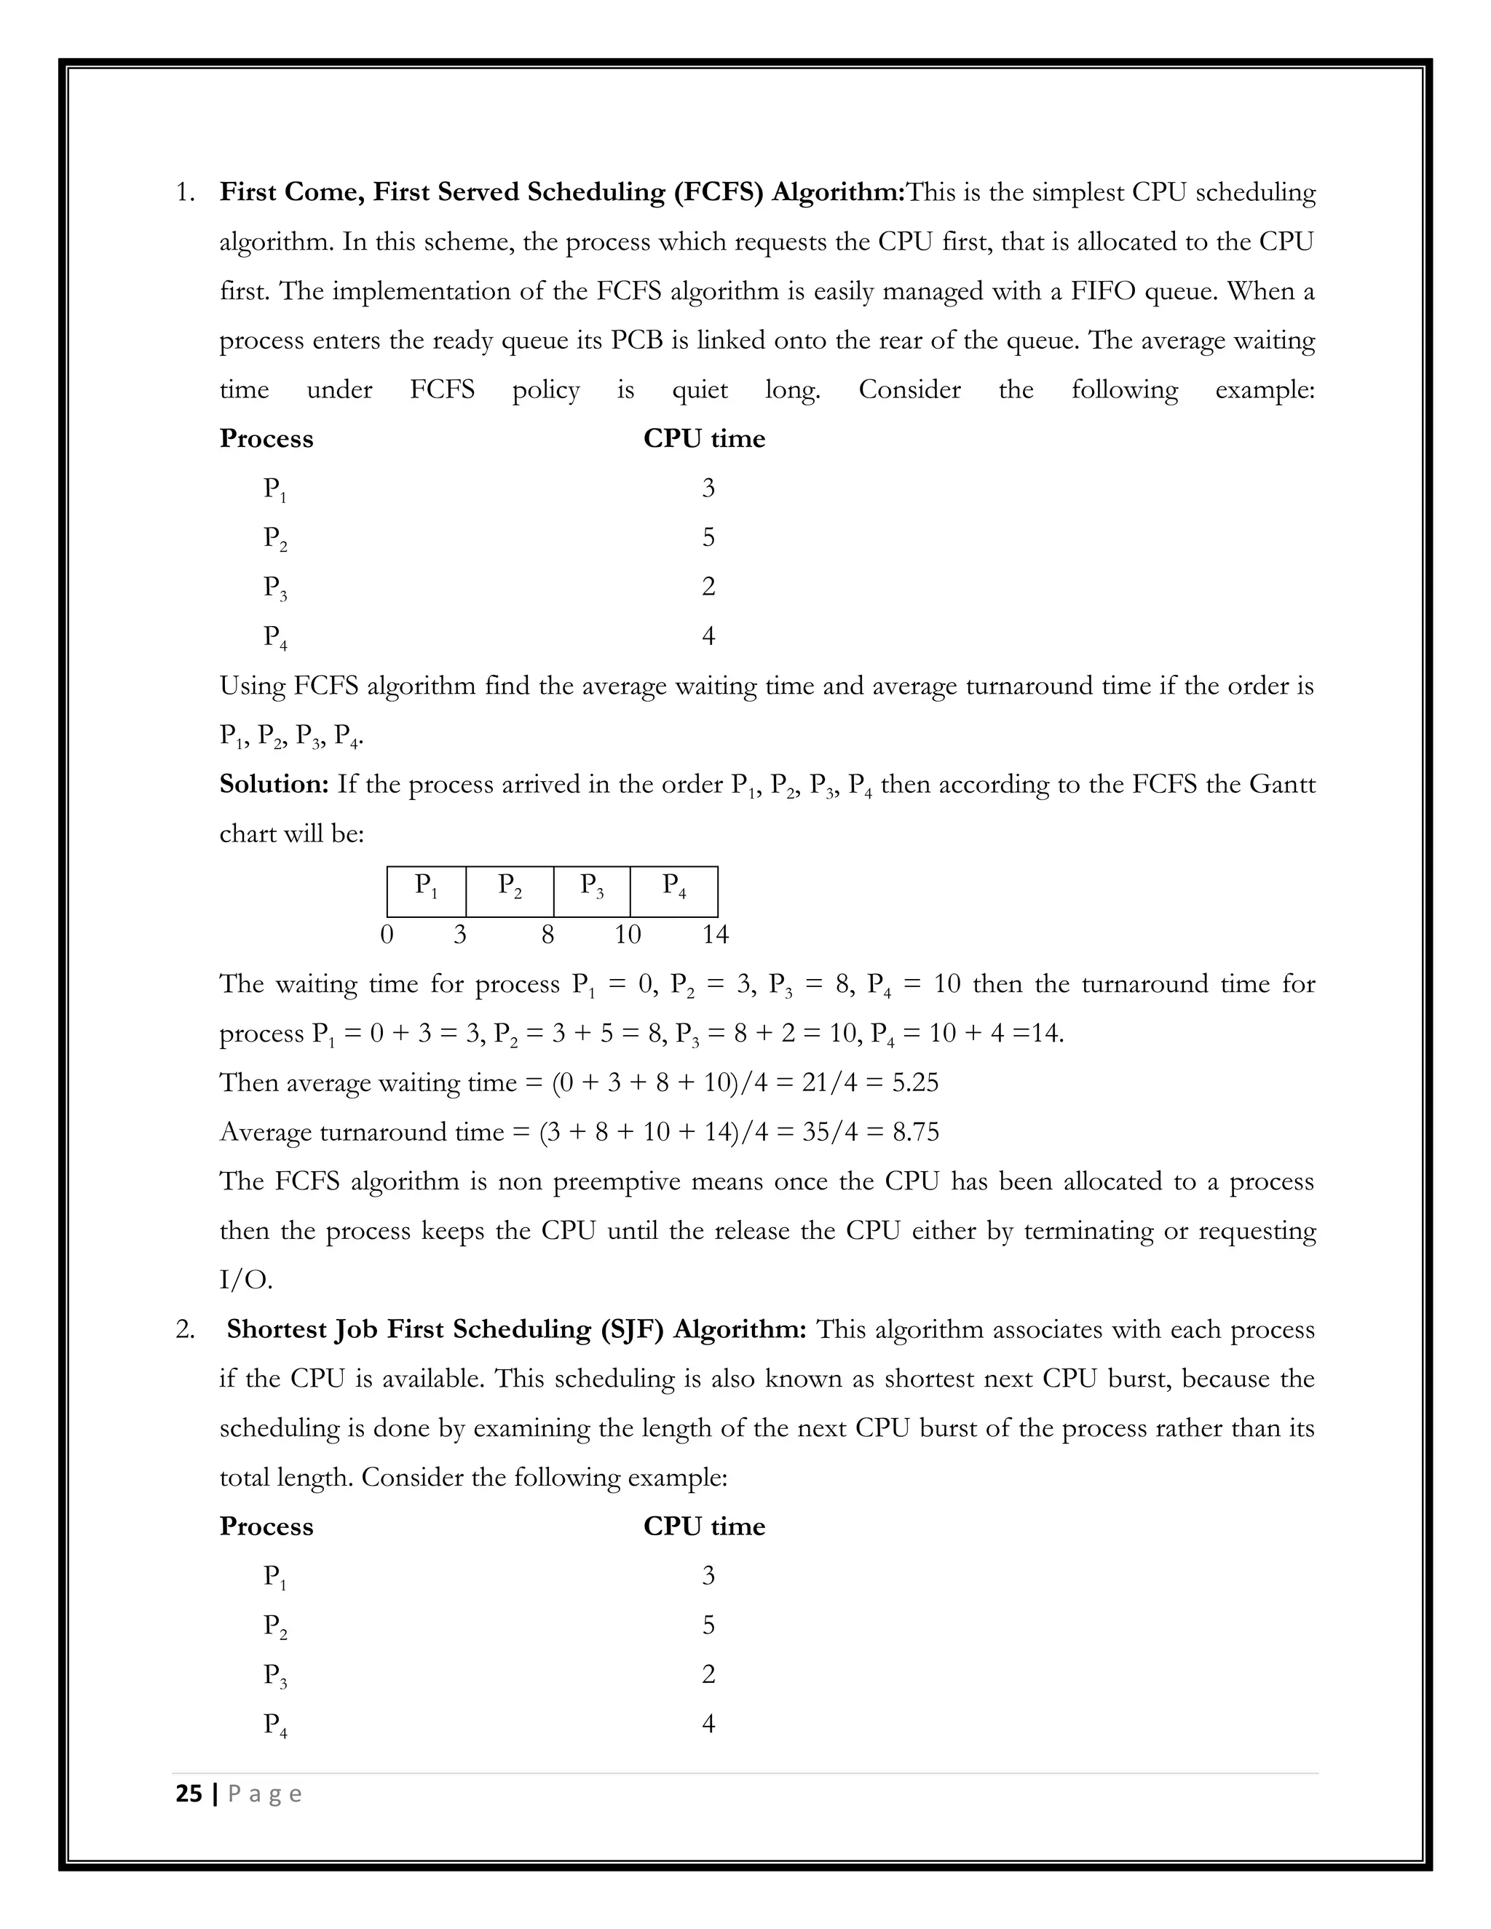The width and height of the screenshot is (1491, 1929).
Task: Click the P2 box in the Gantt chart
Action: pyautogui.click(x=510, y=891)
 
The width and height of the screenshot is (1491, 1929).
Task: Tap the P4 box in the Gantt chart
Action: pyautogui.click(x=674, y=891)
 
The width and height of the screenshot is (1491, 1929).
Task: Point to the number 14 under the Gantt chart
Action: pyautogui.click(x=715, y=935)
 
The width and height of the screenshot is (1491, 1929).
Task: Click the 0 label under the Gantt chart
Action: pyautogui.click(x=386, y=935)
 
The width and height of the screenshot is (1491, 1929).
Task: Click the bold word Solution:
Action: pyautogui.click(x=274, y=784)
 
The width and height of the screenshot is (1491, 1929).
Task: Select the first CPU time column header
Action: pyautogui.click(x=703, y=439)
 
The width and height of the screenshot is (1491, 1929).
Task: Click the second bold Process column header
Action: pyautogui.click(x=266, y=1526)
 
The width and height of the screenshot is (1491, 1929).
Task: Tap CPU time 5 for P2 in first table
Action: pyautogui.click(x=708, y=537)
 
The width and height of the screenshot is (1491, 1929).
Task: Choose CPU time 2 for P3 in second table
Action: pyautogui.click(x=708, y=1673)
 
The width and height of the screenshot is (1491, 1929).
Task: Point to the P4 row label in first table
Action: pyautogui.click(x=274, y=637)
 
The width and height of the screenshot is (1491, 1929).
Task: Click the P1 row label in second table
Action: pyautogui.click(x=274, y=1577)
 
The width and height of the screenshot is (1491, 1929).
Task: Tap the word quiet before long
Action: pyautogui.click(x=700, y=389)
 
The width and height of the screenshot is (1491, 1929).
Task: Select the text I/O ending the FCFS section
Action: pyautogui.click(x=245, y=1280)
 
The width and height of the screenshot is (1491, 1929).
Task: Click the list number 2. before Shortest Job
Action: pyautogui.click(x=185, y=1329)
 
